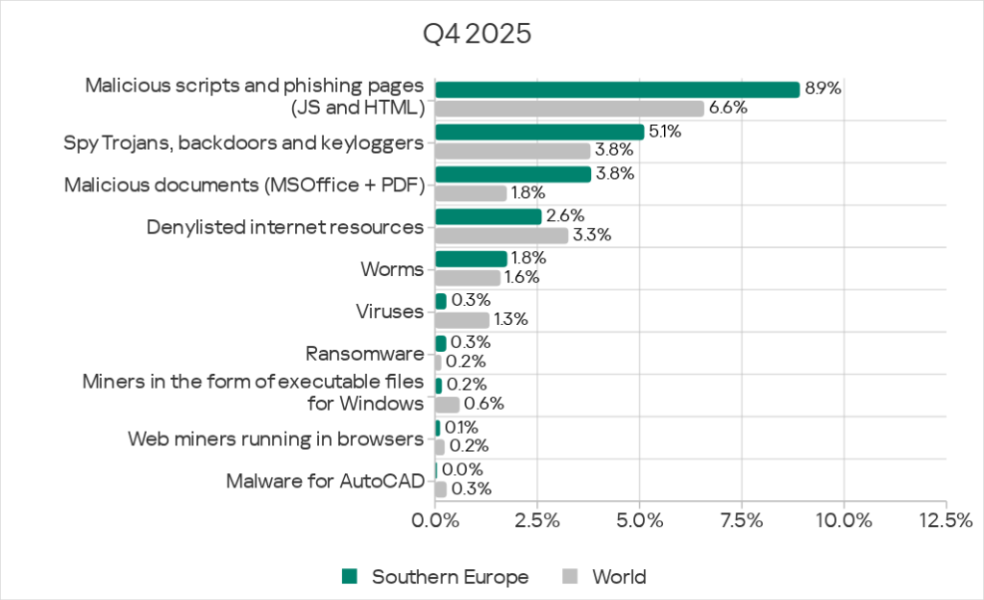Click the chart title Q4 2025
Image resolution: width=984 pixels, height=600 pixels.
478,34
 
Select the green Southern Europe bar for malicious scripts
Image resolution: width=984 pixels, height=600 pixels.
617,89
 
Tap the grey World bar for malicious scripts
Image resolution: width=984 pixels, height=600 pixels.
570,109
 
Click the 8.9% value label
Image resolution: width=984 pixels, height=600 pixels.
824,88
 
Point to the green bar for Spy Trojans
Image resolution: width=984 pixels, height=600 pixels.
539,132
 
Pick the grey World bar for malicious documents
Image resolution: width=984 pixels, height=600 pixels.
471,193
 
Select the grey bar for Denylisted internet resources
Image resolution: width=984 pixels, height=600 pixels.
502,235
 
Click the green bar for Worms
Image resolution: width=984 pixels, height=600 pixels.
471,259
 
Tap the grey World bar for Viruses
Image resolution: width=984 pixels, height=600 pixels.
462,319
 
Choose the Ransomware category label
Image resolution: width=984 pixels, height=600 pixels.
364,353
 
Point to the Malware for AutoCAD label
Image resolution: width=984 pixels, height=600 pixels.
325,480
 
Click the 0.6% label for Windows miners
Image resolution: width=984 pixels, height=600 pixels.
484,404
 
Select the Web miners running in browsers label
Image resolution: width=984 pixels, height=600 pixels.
276,438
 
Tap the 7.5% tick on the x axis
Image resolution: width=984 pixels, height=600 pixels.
741,520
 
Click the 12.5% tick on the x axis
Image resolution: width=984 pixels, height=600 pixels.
946,520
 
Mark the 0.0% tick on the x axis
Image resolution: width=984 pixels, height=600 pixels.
435,520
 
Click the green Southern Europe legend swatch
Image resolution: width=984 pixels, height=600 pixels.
351,577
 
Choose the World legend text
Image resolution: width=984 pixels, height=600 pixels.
619,577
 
